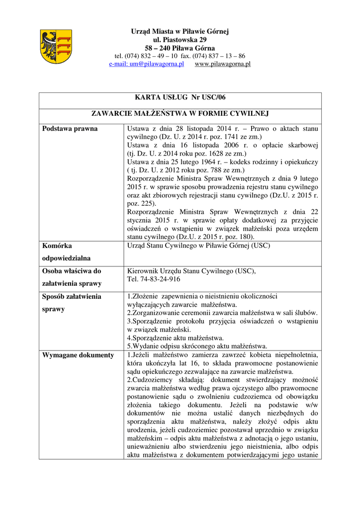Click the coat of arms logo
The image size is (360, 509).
click(x=56, y=47)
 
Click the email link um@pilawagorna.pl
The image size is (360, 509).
click(x=147, y=64)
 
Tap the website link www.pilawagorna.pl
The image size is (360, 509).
click(x=222, y=64)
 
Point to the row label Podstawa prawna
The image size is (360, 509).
click(x=70, y=129)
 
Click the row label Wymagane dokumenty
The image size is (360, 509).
click(x=78, y=355)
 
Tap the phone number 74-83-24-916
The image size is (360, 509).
click(x=154, y=279)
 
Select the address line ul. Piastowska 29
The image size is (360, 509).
click(x=180, y=40)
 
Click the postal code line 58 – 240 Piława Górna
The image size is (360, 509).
click(x=180, y=48)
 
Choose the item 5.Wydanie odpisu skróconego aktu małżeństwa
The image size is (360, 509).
click(x=197, y=346)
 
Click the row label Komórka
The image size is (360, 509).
click(x=57, y=246)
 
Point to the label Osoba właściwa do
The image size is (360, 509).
click(x=72, y=271)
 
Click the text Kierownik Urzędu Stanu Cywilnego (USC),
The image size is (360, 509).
click(x=191, y=271)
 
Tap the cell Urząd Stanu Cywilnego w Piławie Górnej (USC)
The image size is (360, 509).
click(x=199, y=245)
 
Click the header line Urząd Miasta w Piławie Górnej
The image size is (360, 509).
click(x=180, y=31)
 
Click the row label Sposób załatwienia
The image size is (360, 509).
click(x=72, y=296)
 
